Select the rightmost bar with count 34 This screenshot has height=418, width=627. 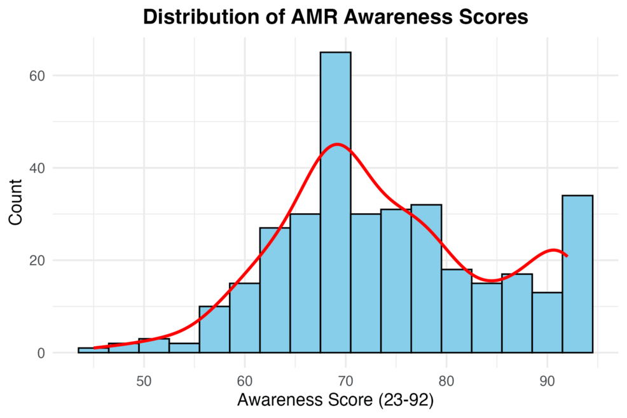point(577,274)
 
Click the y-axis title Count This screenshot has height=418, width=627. point(17,202)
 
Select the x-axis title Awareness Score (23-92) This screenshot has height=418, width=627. point(335,401)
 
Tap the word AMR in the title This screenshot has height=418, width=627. point(308,17)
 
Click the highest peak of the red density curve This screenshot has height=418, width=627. point(337,144)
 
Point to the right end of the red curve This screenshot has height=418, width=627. point(567,256)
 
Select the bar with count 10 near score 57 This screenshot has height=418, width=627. point(214,330)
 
